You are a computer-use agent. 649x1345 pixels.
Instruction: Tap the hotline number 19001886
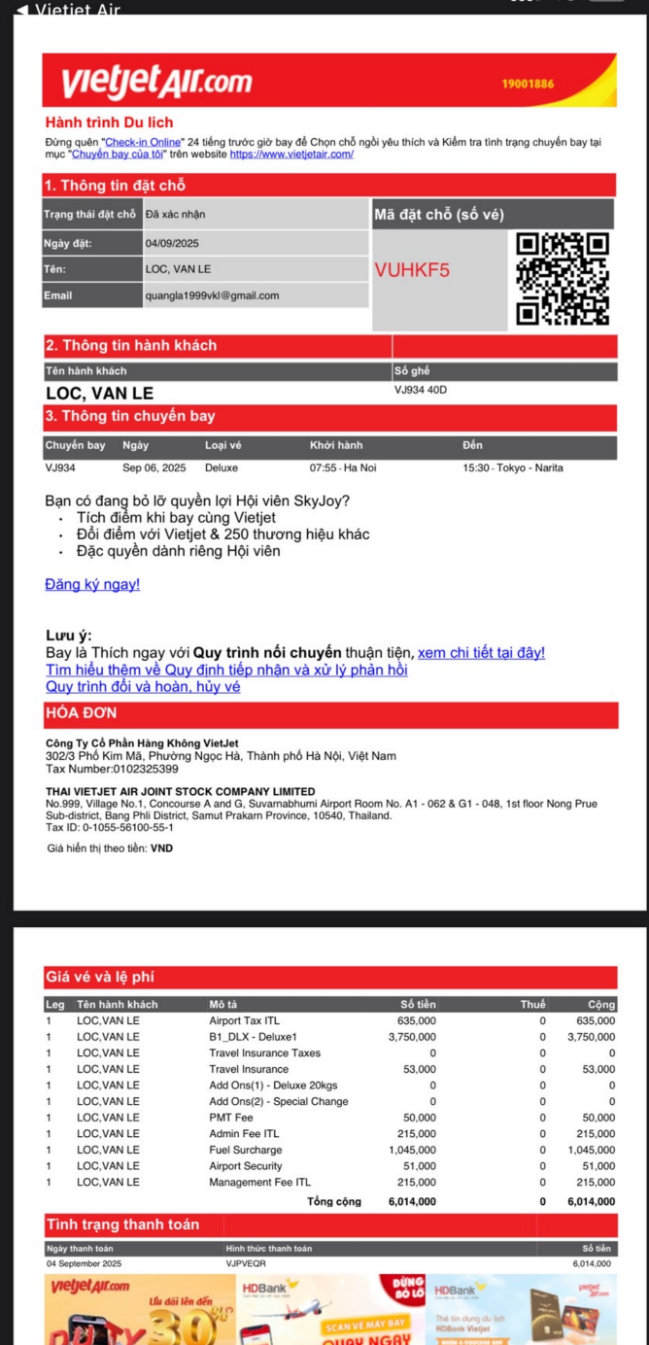pyautogui.click(x=528, y=84)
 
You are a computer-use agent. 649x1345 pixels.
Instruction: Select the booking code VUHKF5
pyautogui.click(x=412, y=270)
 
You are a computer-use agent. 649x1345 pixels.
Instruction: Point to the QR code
pyautogui.click(x=563, y=278)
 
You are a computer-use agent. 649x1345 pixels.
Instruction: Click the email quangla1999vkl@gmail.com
pyautogui.click(x=212, y=295)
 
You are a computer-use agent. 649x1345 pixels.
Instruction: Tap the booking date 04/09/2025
pyautogui.click(x=172, y=243)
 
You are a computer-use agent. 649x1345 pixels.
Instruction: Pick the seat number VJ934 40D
pyautogui.click(x=421, y=390)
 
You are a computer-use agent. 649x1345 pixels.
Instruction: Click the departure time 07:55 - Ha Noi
pyautogui.click(x=343, y=467)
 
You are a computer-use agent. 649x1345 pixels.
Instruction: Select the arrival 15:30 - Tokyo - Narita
pyautogui.click(x=512, y=467)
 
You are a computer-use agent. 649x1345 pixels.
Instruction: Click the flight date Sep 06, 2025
pyautogui.click(x=154, y=467)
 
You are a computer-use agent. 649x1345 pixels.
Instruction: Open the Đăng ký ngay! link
pyautogui.click(x=92, y=584)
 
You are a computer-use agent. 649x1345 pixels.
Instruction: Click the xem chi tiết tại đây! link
pyautogui.click(x=481, y=652)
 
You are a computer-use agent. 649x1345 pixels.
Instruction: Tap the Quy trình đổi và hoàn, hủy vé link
pyautogui.click(x=143, y=686)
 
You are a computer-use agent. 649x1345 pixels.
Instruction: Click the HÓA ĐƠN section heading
pyautogui.click(x=81, y=713)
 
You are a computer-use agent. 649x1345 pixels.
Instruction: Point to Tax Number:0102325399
pyautogui.click(x=112, y=769)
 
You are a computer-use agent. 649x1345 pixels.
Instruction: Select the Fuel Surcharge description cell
pyautogui.click(x=247, y=1150)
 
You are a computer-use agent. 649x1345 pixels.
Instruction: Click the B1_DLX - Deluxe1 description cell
pyautogui.click(x=253, y=1037)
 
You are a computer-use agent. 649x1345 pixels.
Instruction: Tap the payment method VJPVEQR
pyautogui.click(x=246, y=1263)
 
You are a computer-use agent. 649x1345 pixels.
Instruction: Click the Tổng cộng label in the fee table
pyautogui.click(x=333, y=1201)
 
